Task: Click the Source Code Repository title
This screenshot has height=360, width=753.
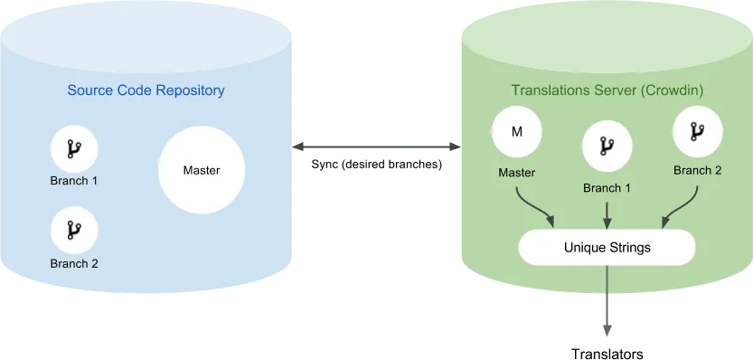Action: pos(146,90)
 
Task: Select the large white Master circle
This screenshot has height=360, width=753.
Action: pos(202,170)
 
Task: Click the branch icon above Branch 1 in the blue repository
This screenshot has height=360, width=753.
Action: pos(74,148)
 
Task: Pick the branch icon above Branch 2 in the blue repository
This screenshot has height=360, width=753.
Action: pos(74,232)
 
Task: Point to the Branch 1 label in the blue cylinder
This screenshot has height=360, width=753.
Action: pos(74,180)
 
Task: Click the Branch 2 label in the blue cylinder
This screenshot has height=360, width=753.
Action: pos(74,264)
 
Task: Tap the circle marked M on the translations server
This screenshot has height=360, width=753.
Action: pos(516,132)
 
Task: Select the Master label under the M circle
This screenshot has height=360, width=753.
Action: pos(516,173)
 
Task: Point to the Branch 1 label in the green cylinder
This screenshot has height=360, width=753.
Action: pos(607,188)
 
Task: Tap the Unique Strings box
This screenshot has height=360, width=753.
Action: pos(607,247)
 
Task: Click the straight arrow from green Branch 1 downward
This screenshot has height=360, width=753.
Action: pos(607,213)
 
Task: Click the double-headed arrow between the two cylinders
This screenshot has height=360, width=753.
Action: pos(377,147)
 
